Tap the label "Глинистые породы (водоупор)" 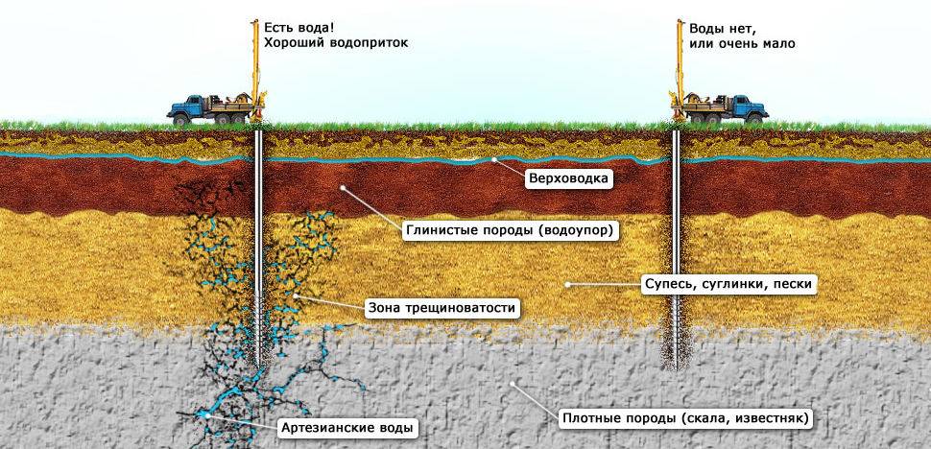click(x=509, y=231)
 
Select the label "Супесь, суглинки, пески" click(x=728, y=285)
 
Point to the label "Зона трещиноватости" click(x=442, y=309)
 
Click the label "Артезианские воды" click(x=348, y=426)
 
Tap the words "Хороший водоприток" click(x=329, y=44)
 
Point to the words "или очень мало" click(x=741, y=44)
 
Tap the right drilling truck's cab click(x=747, y=105)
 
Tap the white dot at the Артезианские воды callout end click(x=204, y=415)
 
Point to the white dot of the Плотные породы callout click(x=513, y=385)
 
